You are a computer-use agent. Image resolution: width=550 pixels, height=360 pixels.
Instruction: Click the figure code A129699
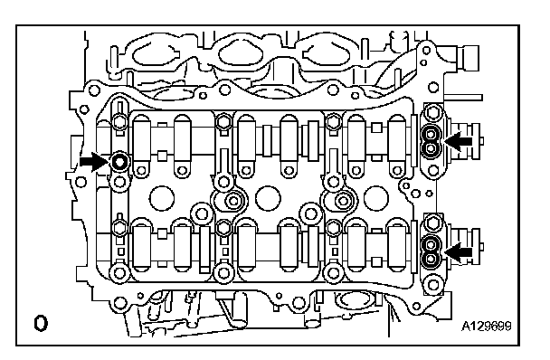click(x=486, y=327)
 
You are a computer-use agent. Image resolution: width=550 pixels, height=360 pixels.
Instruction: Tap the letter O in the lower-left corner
click(x=41, y=323)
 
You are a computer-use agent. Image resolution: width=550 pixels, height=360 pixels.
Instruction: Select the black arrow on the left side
click(x=94, y=162)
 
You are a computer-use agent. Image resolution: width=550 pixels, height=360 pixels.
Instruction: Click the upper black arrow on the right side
click(x=458, y=141)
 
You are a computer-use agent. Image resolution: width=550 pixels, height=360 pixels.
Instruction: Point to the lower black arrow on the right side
click(x=458, y=252)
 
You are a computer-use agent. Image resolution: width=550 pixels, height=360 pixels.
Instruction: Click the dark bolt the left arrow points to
click(x=119, y=162)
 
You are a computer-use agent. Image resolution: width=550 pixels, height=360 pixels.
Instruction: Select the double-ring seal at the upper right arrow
click(x=431, y=141)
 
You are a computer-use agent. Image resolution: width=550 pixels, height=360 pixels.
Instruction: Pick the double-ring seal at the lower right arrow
click(x=431, y=252)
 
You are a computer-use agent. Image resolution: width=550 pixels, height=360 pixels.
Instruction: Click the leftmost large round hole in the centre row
click(x=162, y=198)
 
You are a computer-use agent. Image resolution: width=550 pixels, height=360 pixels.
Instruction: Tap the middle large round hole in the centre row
click(x=268, y=198)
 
